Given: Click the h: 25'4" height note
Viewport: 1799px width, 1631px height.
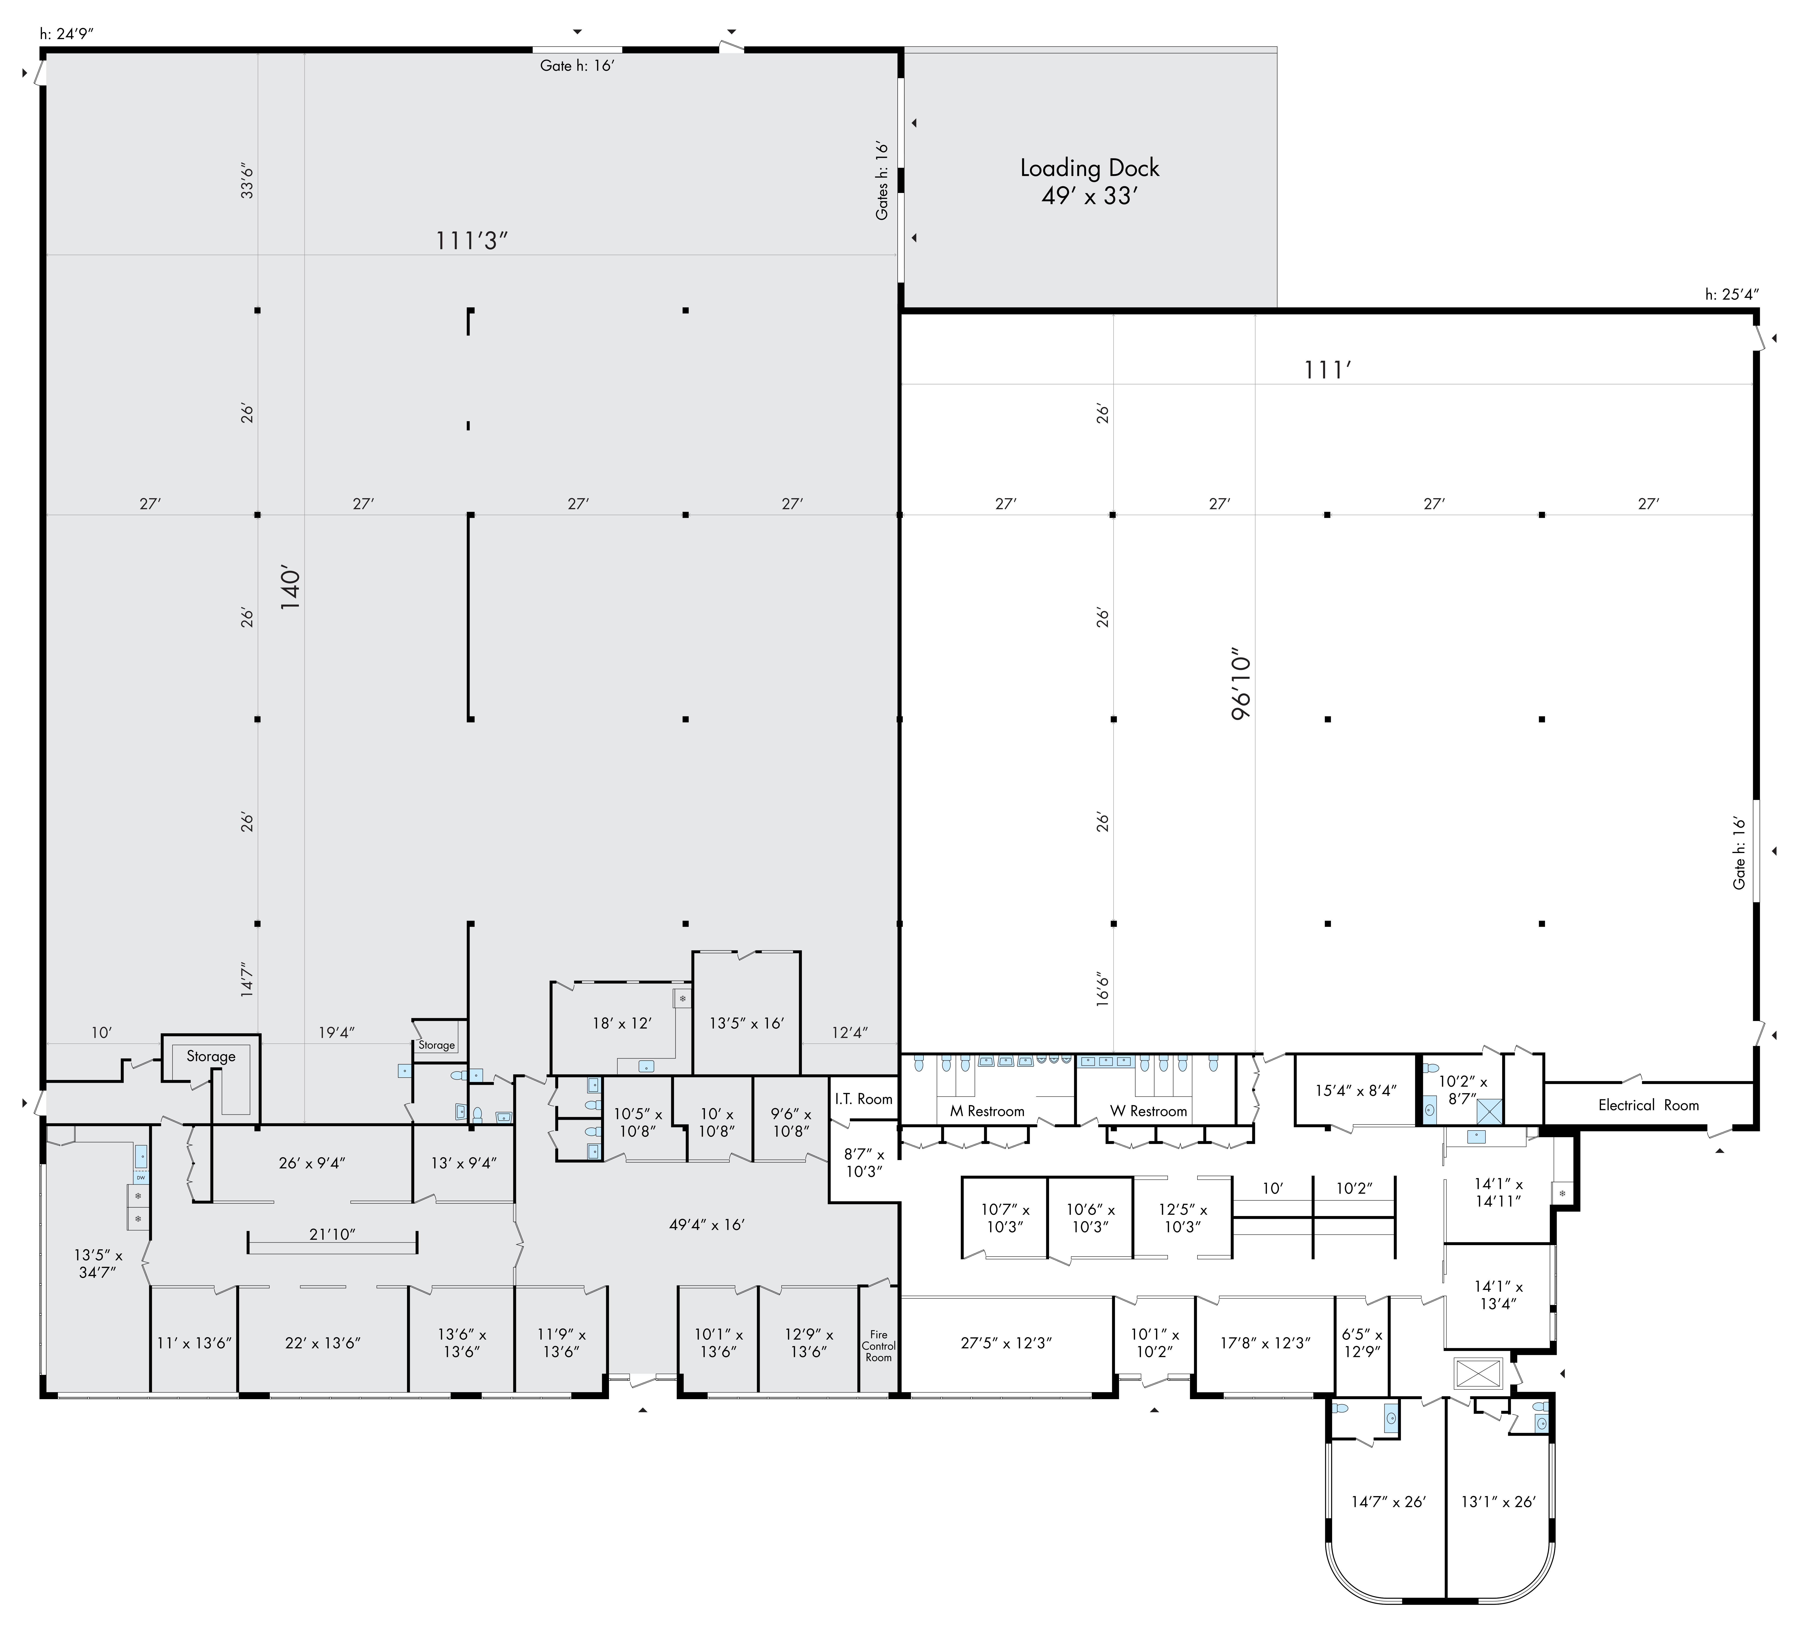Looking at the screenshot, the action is pyautogui.click(x=1731, y=295).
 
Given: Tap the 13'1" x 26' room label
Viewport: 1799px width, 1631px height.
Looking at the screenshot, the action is pyautogui.click(x=1498, y=1502).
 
